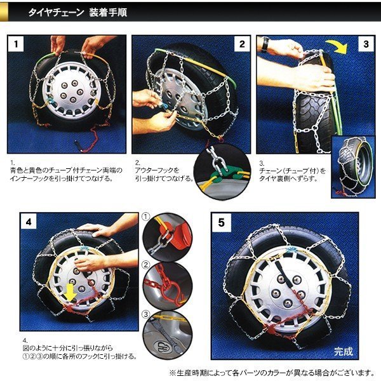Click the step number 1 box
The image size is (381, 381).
point(16,44)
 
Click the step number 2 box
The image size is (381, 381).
point(242,44)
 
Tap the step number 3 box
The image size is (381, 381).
point(366,44)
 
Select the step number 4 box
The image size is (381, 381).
point(29,222)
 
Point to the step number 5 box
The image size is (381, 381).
point(222,223)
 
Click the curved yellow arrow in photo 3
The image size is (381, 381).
point(338,46)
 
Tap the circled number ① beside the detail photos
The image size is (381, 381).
point(146,217)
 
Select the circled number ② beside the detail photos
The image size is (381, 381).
point(146,265)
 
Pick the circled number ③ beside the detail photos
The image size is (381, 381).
point(146,314)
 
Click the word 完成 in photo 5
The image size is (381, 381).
point(343,351)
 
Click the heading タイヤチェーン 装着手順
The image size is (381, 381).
point(77,12)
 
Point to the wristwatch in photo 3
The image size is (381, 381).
point(265,45)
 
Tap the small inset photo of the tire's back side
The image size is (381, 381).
point(353,168)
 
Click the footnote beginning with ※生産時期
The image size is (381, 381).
point(272,373)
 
